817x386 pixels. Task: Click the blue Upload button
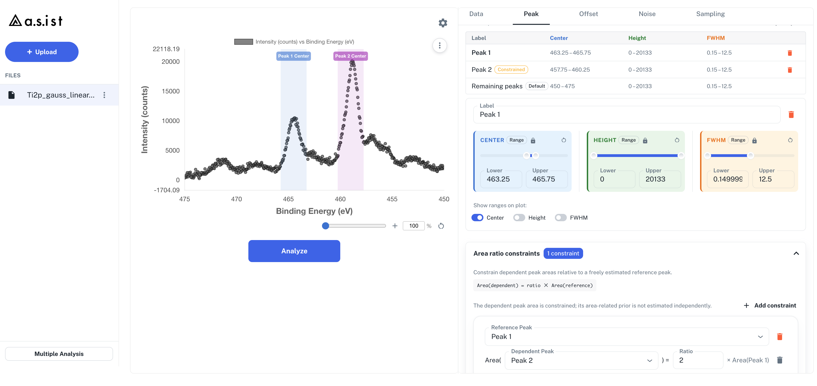pos(42,52)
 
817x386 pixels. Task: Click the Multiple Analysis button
pos(59,354)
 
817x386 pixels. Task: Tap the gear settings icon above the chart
pos(443,23)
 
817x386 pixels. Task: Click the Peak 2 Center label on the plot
pos(350,56)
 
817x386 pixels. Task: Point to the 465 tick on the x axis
pos(288,199)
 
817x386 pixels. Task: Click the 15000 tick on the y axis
pos(171,91)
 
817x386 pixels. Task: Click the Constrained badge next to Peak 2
pos(511,69)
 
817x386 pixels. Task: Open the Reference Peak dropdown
pos(627,337)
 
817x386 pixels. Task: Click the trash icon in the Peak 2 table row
pos(790,70)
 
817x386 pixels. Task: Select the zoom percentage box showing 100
pos(414,226)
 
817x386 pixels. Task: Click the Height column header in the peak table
pos(637,38)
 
